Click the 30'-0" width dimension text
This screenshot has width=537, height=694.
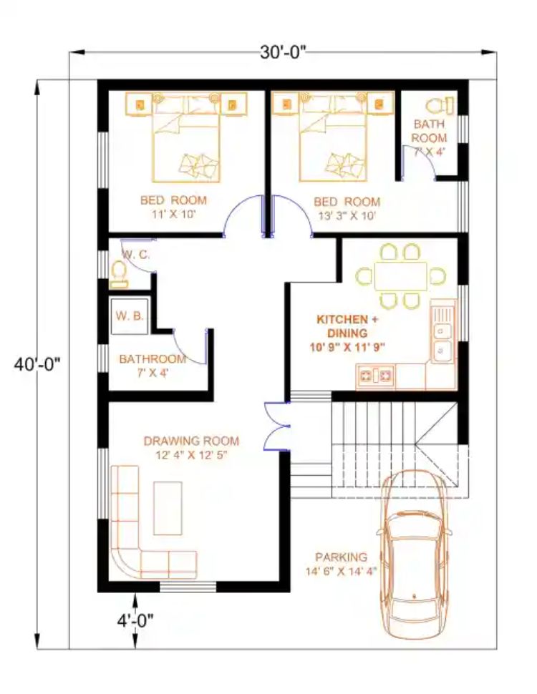[283, 53]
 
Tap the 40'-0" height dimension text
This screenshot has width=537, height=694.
[37, 365]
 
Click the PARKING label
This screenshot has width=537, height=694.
[341, 557]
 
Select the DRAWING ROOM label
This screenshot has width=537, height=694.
[191, 441]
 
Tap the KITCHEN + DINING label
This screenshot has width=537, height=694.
[347, 326]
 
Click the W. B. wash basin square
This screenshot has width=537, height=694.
[130, 316]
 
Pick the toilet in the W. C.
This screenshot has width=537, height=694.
[119, 275]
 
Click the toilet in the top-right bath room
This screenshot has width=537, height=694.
[440, 106]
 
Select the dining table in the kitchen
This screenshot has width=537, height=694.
[400, 276]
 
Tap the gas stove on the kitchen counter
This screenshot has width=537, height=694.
[376, 376]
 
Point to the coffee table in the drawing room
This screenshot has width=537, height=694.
[168, 508]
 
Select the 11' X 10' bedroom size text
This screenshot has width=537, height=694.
[174, 215]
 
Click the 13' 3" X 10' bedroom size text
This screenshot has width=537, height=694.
[347, 216]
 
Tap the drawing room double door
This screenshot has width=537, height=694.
[276, 426]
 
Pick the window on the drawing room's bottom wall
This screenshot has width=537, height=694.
[188, 587]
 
